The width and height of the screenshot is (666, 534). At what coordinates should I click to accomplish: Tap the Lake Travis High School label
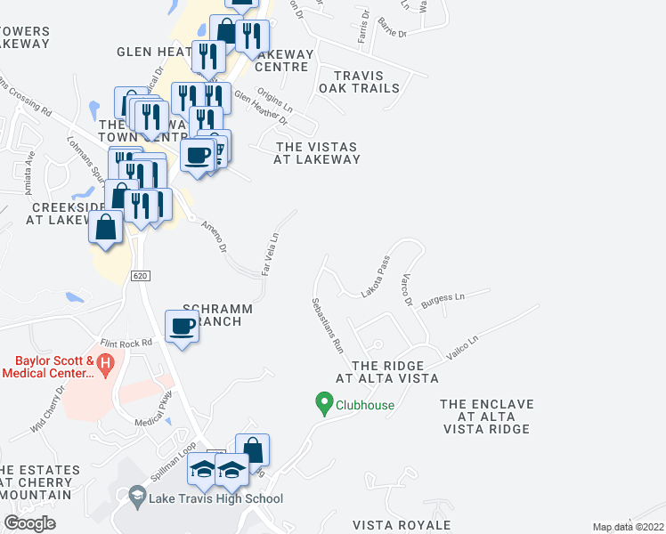(x=216, y=498)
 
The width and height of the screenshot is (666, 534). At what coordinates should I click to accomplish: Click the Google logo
(x=29, y=523)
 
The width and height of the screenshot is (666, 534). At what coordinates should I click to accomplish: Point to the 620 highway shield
(x=139, y=277)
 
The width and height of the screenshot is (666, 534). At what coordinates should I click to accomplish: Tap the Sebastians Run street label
(x=326, y=325)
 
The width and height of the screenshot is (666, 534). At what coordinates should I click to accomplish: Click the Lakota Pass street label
(x=376, y=276)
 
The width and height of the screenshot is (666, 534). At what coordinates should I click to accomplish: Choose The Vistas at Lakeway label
(x=318, y=153)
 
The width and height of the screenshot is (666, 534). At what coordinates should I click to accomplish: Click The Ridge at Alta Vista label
(x=386, y=372)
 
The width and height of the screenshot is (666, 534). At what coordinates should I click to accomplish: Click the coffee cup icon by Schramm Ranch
(x=183, y=327)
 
